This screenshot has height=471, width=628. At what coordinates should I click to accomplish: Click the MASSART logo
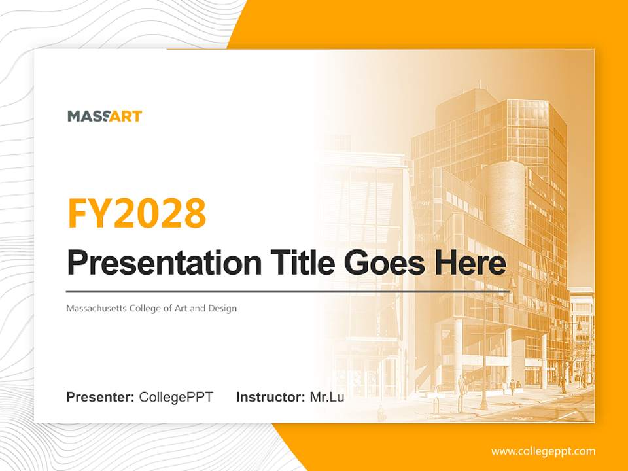105,116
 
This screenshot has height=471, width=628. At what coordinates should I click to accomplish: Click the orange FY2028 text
137,213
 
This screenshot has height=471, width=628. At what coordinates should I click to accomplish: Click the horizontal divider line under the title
288,291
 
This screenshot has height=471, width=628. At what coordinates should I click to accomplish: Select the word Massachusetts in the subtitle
96,308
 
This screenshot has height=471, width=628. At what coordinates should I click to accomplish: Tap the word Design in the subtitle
222,308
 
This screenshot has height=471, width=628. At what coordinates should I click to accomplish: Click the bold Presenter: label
101,397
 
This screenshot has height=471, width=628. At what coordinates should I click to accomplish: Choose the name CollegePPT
176,397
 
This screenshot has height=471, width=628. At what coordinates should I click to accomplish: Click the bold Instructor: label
270,397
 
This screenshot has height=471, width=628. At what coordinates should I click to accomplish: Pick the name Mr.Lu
327,397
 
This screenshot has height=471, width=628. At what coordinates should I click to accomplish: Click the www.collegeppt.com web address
543,451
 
